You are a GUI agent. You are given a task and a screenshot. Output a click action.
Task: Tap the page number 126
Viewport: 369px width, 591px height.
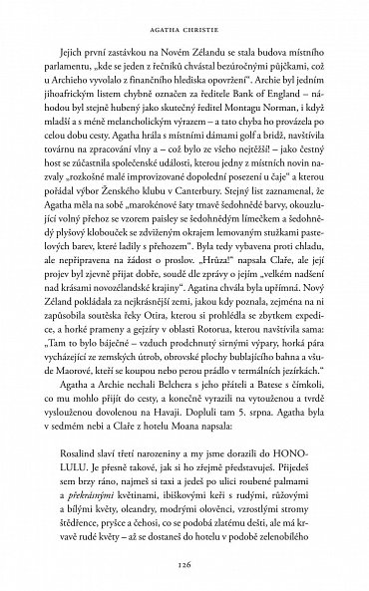pyautogui.click(x=184, y=563)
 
